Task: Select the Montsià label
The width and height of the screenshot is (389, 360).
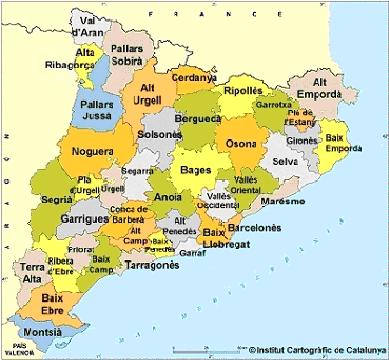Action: click(45, 331)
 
